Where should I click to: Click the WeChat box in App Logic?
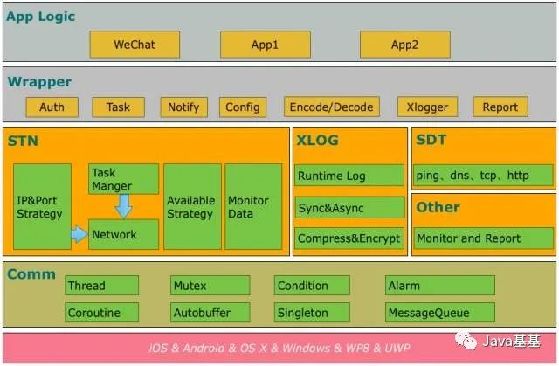pos(135,45)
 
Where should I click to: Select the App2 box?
pos(405,45)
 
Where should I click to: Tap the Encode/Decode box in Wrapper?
pos(332,107)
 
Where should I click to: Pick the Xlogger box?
pos(427,107)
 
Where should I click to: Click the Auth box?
pos(52,107)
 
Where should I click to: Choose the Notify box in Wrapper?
pos(184,107)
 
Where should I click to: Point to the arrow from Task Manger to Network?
pos(124,206)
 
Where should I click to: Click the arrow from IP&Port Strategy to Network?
pos(79,234)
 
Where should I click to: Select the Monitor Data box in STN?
pos(253,206)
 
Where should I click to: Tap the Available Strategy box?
pos(192,206)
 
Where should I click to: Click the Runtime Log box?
pos(349,176)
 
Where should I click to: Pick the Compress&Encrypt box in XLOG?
pos(349,238)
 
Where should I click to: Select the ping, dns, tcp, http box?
pos(483,175)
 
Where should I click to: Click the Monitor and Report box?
pos(483,238)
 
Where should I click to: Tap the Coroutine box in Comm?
pos(101,312)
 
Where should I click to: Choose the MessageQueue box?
pos(440,312)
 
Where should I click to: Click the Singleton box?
pos(312,312)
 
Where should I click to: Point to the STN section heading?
pos(24,141)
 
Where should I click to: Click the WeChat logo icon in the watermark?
pos(466,341)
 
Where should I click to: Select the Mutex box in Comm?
pos(210,285)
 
